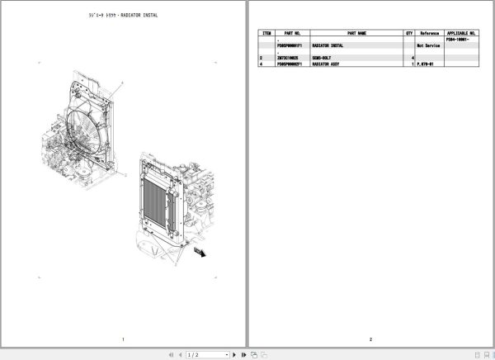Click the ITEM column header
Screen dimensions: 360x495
pos(266,33)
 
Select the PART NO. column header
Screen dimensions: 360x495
pos(293,33)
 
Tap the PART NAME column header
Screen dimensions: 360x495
pos(356,33)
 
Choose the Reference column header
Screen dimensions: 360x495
pos(429,33)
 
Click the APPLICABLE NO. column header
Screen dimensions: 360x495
pos(461,33)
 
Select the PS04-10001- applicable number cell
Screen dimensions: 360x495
pos(460,39)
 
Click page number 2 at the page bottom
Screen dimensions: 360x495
pos(370,339)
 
